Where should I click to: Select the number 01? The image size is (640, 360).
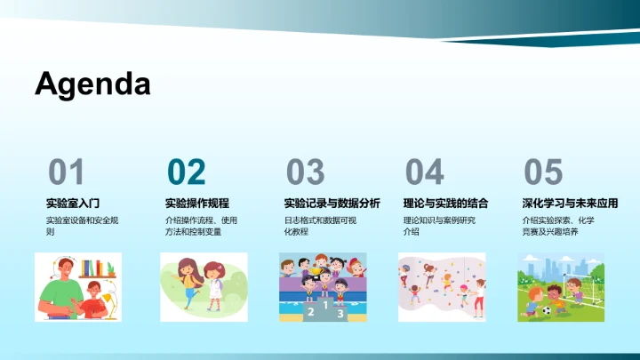click(67, 172)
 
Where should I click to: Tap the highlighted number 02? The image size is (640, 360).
click(186, 172)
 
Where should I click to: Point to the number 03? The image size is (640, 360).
click(305, 172)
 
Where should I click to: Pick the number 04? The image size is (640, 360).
click(424, 172)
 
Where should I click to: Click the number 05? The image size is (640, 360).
click(543, 172)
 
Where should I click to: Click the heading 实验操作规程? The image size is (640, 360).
click(196, 203)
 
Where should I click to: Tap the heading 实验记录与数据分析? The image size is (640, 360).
click(332, 203)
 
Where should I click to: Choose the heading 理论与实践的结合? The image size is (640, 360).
click(445, 203)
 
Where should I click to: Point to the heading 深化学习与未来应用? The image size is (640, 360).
click(570, 203)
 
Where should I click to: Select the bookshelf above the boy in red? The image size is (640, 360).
click(94, 268)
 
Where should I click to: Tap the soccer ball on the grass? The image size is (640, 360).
click(544, 311)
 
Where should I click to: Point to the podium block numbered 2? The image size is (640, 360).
click(310, 312)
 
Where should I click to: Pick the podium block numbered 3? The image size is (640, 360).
click(340, 314)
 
